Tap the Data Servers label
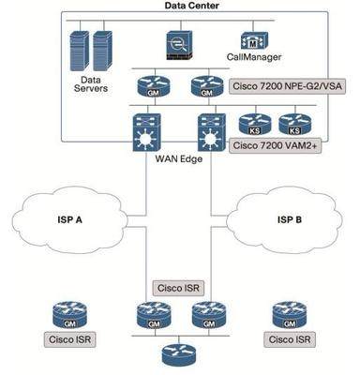[90, 85]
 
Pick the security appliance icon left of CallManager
[178, 44]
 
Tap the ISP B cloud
[288, 221]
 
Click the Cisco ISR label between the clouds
[180, 287]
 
